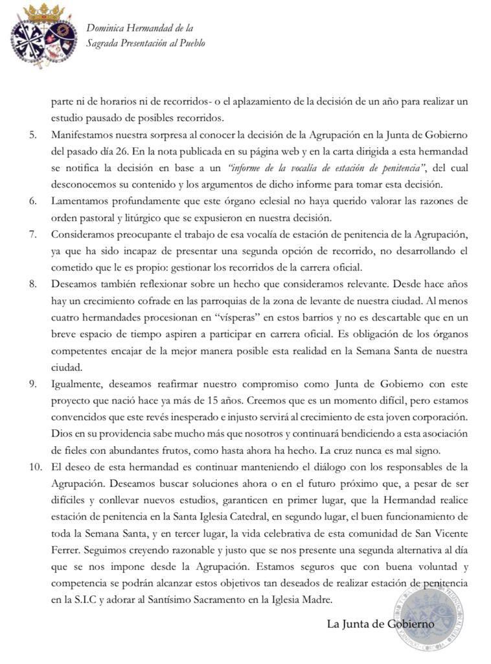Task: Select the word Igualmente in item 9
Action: tap(76, 383)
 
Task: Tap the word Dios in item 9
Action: tap(61, 433)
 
